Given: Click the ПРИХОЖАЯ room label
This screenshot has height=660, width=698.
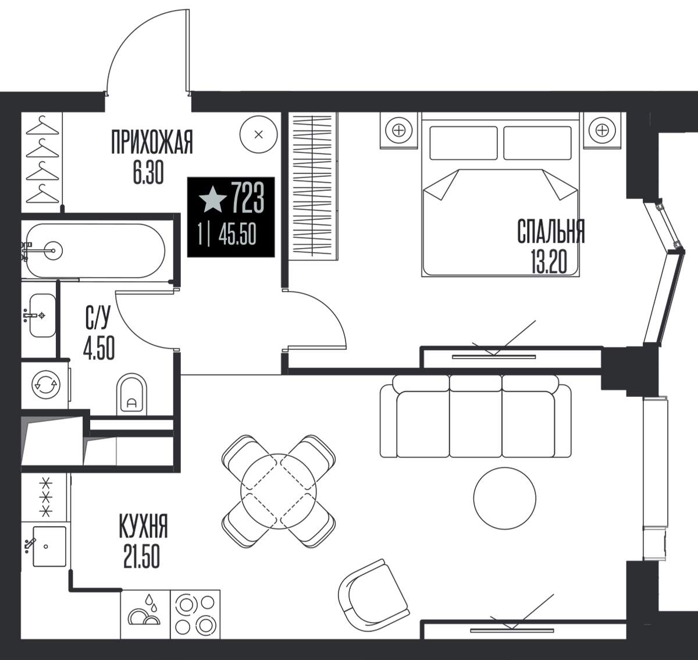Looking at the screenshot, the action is pyautogui.click(x=152, y=142).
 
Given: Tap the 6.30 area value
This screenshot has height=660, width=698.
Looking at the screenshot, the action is pyautogui.click(x=148, y=174).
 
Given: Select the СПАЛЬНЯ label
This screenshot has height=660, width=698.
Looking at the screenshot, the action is pyautogui.click(x=551, y=231).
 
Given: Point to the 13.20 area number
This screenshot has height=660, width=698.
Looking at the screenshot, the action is pyautogui.click(x=549, y=263).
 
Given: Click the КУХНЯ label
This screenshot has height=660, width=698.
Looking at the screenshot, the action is pyautogui.click(x=143, y=526).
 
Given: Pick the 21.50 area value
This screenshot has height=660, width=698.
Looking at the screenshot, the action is pyautogui.click(x=142, y=556).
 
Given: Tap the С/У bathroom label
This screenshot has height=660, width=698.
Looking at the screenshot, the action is pyautogui.click(x=98, y=317).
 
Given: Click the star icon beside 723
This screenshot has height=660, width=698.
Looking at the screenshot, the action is pyautogui.click(x=213, y=200).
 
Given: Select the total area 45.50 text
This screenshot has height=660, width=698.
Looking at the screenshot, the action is pyautogui.click(x=237, y=235).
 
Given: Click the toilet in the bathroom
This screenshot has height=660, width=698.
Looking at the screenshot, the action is pyautogui.click(x=131, y=395).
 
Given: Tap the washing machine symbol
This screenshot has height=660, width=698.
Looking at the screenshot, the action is pyautogui.click(x=46, y=385).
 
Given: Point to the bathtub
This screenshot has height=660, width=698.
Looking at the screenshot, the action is pyautogui.click(x=95, y=251).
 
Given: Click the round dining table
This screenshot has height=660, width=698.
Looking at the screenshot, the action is pyautogui.click(x=279, y=491).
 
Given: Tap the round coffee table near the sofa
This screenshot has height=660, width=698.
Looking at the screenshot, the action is pyautogui.click(x=505, y=498).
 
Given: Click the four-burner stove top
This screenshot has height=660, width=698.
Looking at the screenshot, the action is pyautogui.click(x=195, y=615).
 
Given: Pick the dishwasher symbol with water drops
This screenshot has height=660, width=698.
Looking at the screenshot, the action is pyautogui.click(x=145, y=615).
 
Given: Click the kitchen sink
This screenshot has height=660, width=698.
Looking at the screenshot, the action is pyautogui.click(x=49, y=547).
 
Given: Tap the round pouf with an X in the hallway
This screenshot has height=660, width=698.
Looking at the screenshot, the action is pyautogui.click(x=259, y=134).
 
